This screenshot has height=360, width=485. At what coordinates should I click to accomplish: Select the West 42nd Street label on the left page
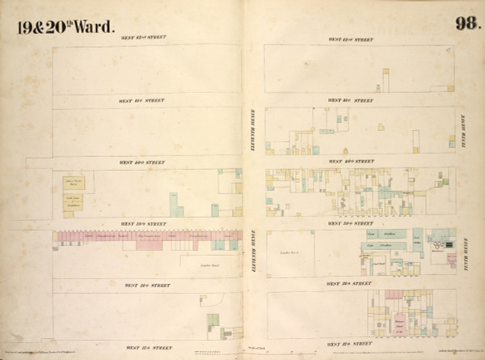click(x=142, y=38)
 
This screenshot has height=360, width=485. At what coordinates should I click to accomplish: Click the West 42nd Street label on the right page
click(x=351, y=39)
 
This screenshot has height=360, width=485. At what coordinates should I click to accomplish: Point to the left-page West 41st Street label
click(x=142, y=100)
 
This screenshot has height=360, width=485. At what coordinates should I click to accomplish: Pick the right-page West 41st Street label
click(x=351, y=101)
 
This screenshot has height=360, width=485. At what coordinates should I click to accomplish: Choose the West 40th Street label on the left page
click(x=142, y=162)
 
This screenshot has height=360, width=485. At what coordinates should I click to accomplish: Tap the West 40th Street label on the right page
click(x=351, y=162)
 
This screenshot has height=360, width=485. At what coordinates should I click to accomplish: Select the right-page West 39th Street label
click(x=351, y=223)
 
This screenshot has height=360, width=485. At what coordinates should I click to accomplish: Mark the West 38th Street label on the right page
click(x=351, y=284)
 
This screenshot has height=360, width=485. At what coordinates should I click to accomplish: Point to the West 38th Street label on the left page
click(x=142, y=285)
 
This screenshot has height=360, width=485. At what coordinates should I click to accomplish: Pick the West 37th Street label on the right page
click(x=351, y=343)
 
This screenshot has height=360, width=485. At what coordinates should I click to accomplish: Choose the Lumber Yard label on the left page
click(x=200, y=265)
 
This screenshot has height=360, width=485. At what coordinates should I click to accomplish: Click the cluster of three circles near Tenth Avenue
click(x=439, y=244)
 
